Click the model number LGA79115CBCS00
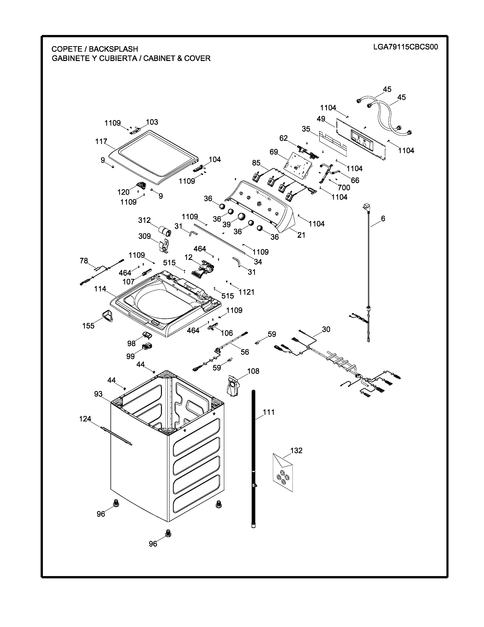pyautogui.click(x=405, y=47)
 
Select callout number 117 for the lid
pyautogui.click(x=101, y=142)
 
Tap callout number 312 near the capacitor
pyautogui.click(x=144, y=220)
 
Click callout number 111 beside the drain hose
pyautogui.click(x=269, y=412)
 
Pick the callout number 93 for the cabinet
pyautogui.click(x=98, y=394)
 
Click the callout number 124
pyautogui.click(x=85, y=419)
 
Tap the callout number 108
pyautogui.click(x=253, y=371)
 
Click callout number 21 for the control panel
pyautogui.click(x=301, y=235)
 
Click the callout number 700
pyautogui.click(x=344, y=188)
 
